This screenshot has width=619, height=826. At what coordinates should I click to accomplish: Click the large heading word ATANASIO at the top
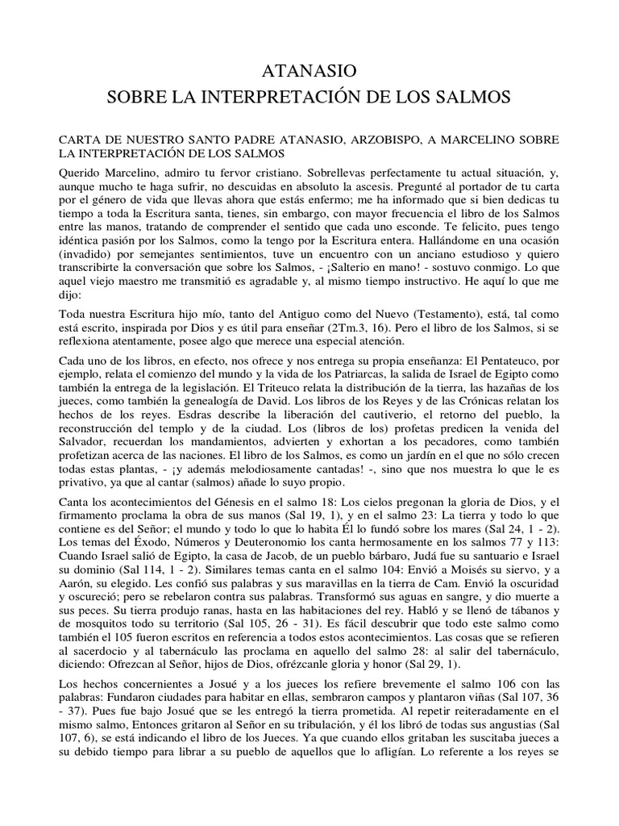pyautogui.click(x=309, y=72)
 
